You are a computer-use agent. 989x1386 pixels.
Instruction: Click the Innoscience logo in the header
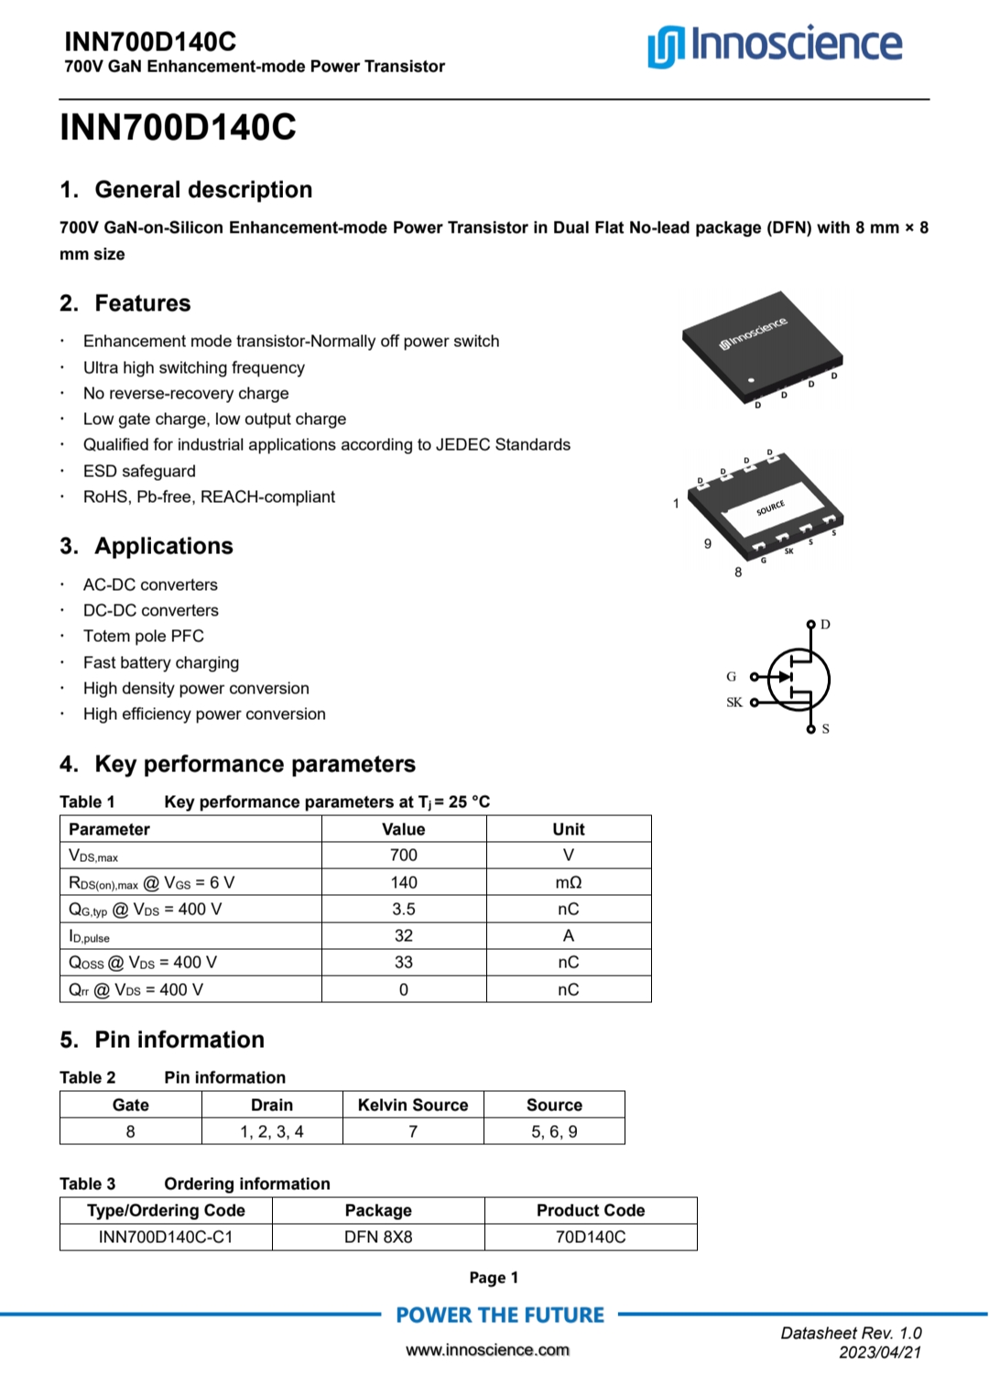point(775,46)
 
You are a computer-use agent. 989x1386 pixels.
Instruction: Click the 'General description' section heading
point(203,190)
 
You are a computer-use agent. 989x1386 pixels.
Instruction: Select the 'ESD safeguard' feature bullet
point(139,471)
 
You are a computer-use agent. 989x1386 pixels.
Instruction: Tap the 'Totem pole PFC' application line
point(144,636)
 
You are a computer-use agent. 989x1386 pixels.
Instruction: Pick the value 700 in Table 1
point(404,855)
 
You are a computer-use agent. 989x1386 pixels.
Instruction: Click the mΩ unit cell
point(569,882)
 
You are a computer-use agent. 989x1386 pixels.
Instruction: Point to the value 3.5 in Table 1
point(404,909)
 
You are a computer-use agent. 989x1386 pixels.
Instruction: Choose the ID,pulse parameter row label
point(90,936)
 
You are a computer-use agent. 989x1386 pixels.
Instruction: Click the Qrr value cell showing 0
point(404,989)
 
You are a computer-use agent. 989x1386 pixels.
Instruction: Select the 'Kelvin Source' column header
point(413,1105)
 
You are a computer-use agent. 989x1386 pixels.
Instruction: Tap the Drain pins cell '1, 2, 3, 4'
point(272,1131)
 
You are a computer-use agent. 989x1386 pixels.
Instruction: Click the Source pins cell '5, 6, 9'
point(554,1131)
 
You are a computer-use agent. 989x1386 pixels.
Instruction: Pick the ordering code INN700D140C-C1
point(166,1237)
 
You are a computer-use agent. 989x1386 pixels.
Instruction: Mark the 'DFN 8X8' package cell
point(378,1237)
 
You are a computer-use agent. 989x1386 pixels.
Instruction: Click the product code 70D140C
point(591,1237)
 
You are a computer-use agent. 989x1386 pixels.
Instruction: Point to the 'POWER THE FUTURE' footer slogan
point(500,1315)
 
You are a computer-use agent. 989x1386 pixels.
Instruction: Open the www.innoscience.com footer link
point(488,1349)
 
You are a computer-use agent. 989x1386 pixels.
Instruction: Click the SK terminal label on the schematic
point(734,703)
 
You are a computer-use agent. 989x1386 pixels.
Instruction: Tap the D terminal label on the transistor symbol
point(825,625)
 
